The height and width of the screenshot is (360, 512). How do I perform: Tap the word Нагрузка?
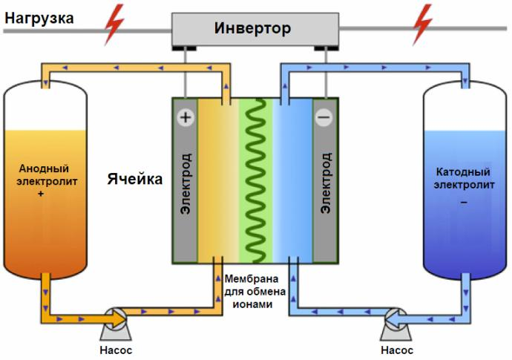click(x=38, y=16)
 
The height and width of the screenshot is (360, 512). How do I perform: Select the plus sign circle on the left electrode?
click(x=184, y=117)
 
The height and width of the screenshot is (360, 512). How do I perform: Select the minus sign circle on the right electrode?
click(x=324, y=117)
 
